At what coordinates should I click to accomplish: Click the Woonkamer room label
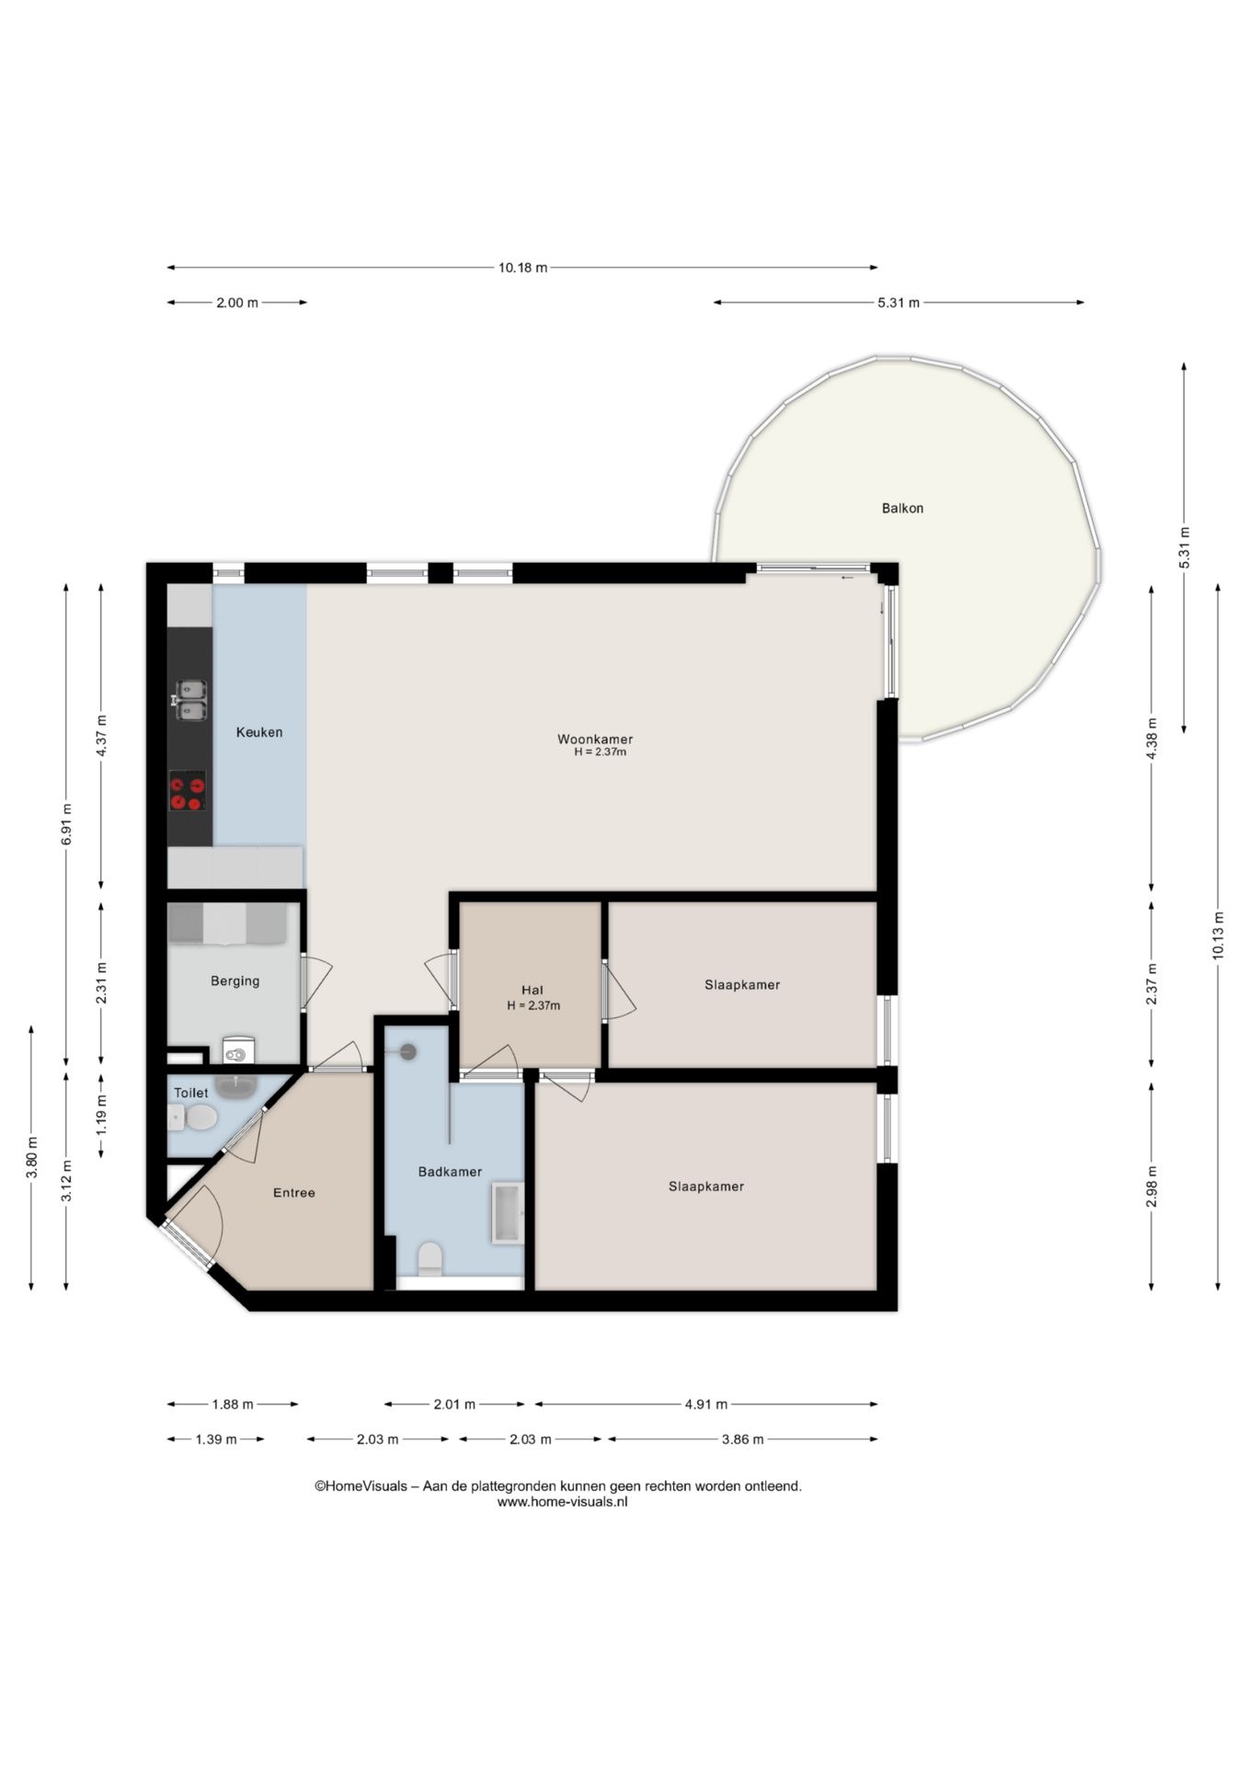click(595, 739)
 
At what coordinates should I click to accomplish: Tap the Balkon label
click(902, 508)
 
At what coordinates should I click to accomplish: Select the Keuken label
click(259, 732)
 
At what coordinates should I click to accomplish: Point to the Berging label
click(235, 980)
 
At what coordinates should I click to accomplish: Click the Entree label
click(294, 1192)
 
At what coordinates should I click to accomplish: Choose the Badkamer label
click(450, 1171)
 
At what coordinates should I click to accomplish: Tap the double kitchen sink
click(190, 701)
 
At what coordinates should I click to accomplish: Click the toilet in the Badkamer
click(430, 1259)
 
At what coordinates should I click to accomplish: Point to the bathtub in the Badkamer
click(508, 1212)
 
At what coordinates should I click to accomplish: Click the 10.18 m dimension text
click(522, 268)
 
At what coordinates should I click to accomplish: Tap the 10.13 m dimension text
click(1218, 935)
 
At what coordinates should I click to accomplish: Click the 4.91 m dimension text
click(706, 1404)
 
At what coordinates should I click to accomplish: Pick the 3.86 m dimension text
click(742, 1439)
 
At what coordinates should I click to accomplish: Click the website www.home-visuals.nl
click(562, 1502)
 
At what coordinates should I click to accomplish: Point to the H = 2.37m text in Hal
click(533, 1005)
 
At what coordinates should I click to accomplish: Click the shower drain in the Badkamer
click(407, 1051)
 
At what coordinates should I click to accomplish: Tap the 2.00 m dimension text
click(237, 303)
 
